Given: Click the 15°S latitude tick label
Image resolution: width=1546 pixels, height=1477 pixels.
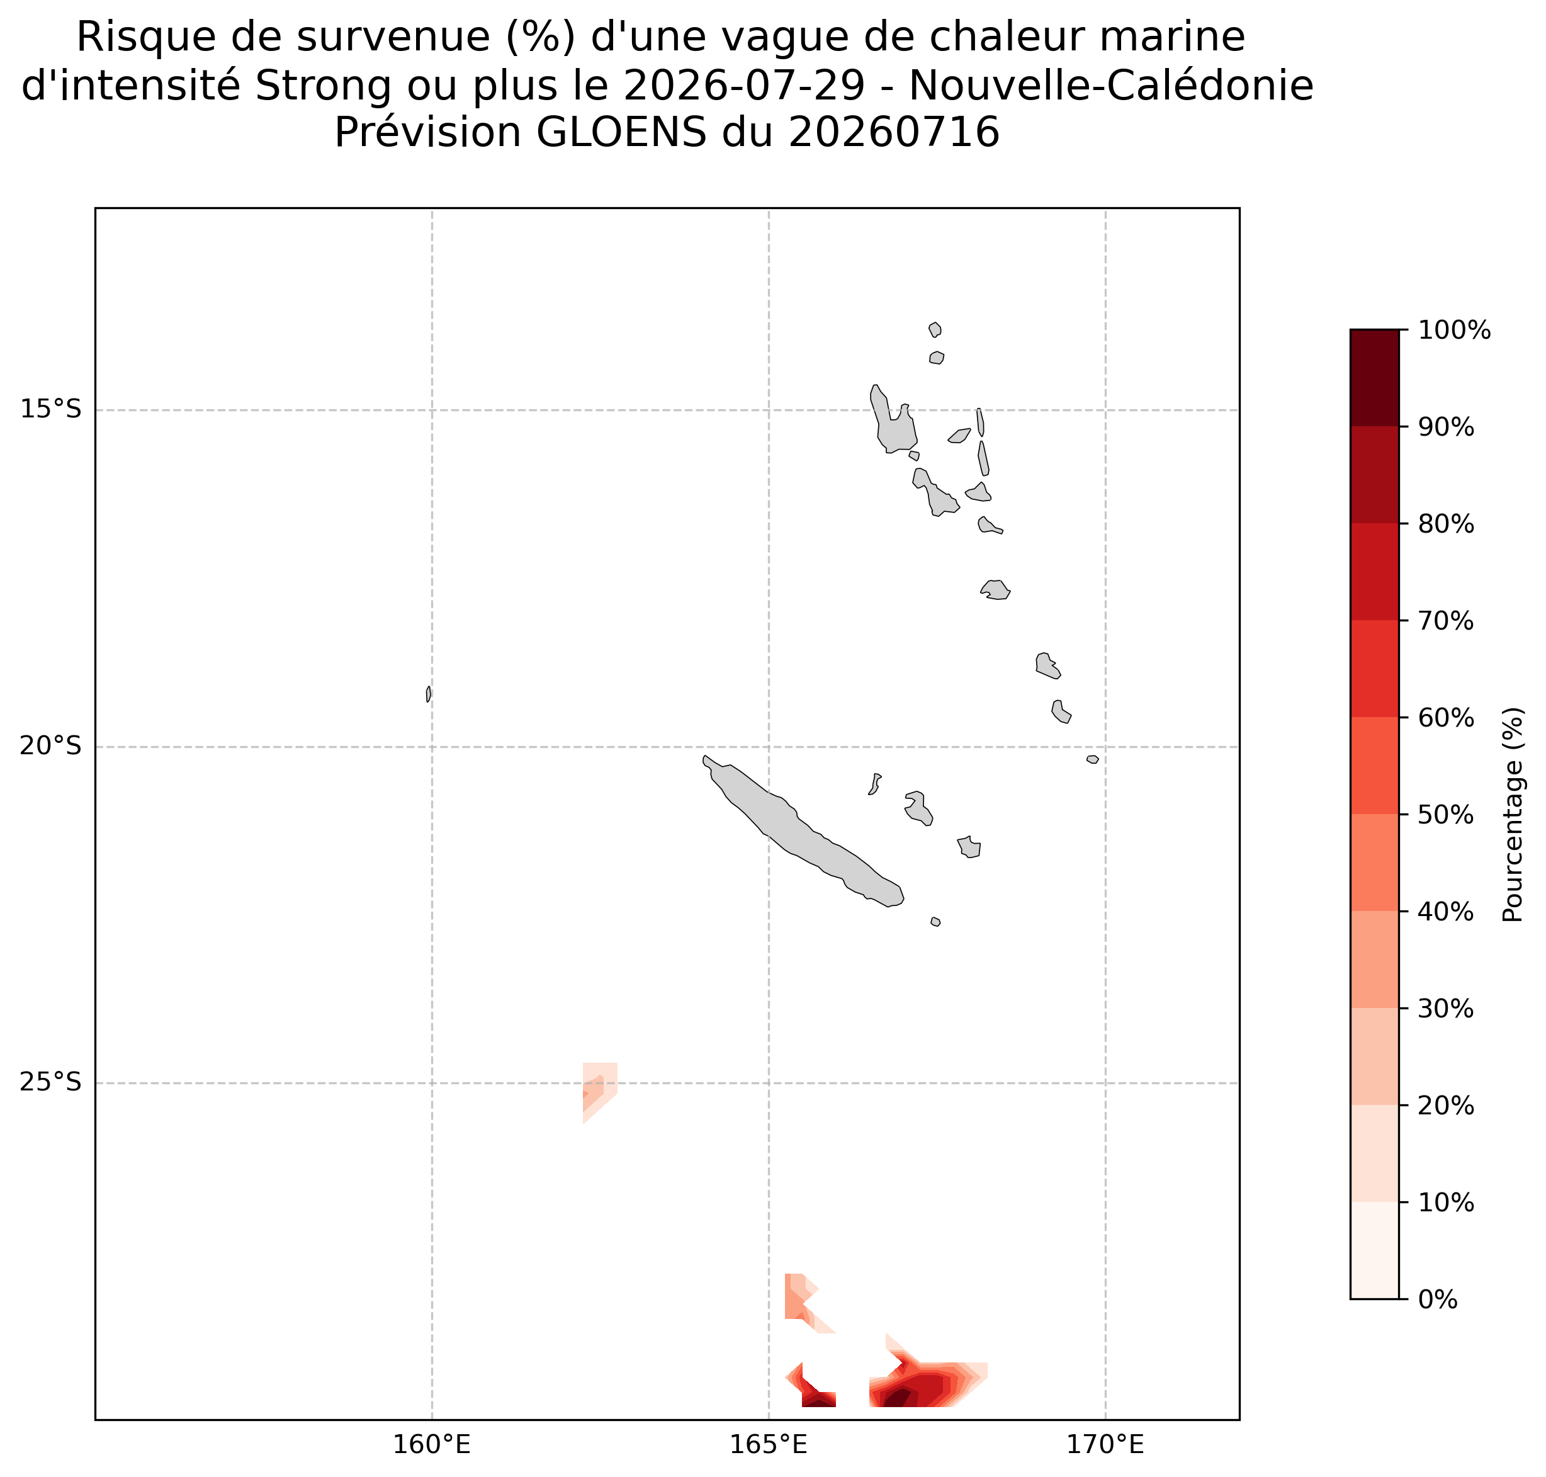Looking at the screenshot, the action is pyautogui.click(x=50, y=409).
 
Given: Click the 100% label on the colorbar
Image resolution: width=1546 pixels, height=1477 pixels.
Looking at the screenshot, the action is pyautogui.click(x=1454, y=330).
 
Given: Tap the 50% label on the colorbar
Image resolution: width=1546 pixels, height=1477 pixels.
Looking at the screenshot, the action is pyautogui.click(x=1446, y=814).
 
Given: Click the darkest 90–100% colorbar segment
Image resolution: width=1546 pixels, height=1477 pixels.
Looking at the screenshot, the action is pyautogui.click(x=1374, y=378).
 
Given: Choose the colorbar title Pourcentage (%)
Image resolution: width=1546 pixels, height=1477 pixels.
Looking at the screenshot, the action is pyautogui.click(x=1513, y=814).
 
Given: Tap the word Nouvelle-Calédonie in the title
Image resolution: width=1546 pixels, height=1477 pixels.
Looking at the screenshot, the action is pyautogui.click(x=1110, y=85).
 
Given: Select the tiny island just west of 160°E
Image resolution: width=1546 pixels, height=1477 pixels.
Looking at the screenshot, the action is pyautogui.click(x=428, y=694).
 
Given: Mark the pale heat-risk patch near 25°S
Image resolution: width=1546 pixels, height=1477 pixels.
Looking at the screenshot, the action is pyautogui.click(x=599, y=1092).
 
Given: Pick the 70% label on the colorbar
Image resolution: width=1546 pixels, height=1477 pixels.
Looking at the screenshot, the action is pyautogui.click(x=1446, y=620).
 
